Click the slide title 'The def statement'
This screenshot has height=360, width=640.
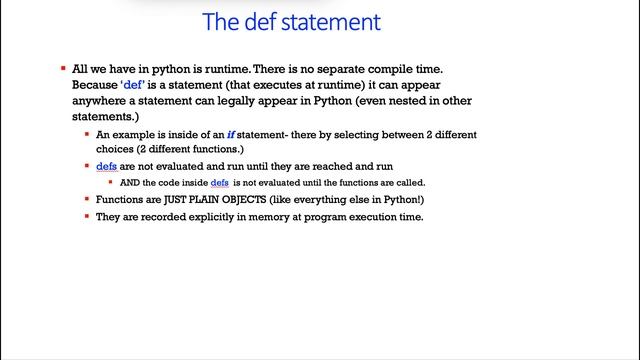[x=291, y=20]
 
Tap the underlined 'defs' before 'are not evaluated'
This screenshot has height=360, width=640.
[x=106, y=167]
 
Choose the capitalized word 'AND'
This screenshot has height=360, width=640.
[x=129, y=183]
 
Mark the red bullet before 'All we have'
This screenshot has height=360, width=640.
[x=63, y=69]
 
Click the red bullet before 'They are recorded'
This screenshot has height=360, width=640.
[x=87, y=217]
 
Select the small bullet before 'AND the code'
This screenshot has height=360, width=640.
[x=110, y=183]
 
